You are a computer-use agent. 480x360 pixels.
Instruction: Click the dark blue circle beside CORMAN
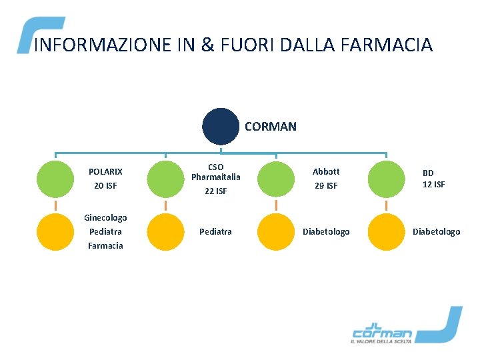[x=221, y=126]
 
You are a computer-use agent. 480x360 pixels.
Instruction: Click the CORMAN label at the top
[x=271, y=126]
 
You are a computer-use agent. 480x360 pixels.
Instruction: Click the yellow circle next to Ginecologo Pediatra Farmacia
[x=55, y=231]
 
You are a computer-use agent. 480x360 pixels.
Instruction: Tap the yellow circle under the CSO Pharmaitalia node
[x=165, y=231]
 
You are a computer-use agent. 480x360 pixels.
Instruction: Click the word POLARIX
[x=105, y=172]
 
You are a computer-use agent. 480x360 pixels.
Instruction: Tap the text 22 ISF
[x=215, y=191]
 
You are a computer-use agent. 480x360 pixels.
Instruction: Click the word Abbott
[x=326, y=171]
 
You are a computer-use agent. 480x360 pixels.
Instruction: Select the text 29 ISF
[x=326, y=186]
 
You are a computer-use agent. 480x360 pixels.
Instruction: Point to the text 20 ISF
[x=105, y=186]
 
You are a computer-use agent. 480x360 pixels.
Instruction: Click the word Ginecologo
[x=105, y=217]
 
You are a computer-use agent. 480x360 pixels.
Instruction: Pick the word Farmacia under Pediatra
[x=105, y=245]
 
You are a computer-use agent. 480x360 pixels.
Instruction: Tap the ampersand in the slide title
[x=207, y=45]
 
